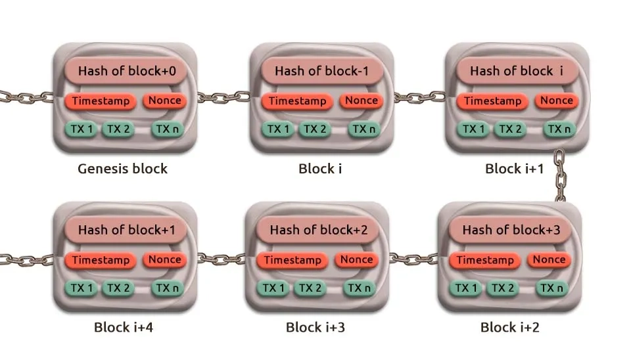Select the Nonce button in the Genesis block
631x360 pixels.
point(164,101)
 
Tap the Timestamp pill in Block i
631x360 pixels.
point(297,102)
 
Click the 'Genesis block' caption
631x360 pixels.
point(122,169)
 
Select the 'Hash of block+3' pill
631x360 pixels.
point(511,231)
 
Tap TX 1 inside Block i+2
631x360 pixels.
point(466,288)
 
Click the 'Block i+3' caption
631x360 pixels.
point(315,327)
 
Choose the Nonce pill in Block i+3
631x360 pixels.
point(357,260)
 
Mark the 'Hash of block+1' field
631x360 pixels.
point(126,231)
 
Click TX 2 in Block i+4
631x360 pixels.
point(119,288)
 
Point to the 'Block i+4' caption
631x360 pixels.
point(124,327)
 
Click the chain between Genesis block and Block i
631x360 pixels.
point(223,97)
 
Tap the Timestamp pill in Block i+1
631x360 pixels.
point(493,102)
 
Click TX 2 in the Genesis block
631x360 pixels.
point(119,129)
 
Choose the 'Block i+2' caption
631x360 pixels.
point(509,327)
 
